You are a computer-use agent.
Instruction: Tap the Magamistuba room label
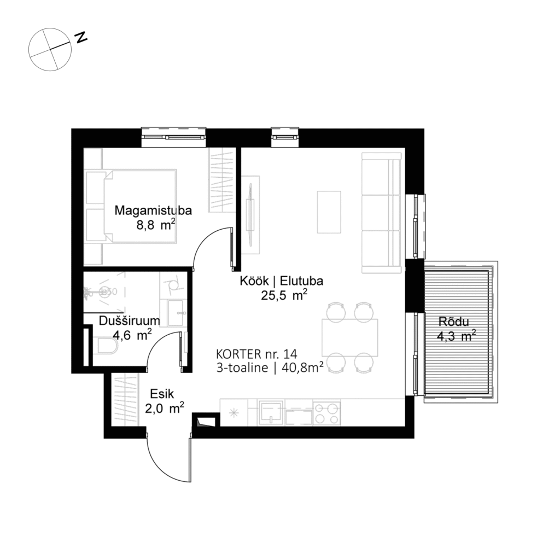pos(145,210)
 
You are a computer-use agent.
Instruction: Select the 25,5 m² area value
pos(284,296)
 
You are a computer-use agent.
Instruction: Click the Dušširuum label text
pos(130,322)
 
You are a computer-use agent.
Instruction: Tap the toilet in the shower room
pos(104,346)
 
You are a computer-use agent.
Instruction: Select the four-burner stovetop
pos(326,412)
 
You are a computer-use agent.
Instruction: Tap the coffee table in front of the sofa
pos(329,212)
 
